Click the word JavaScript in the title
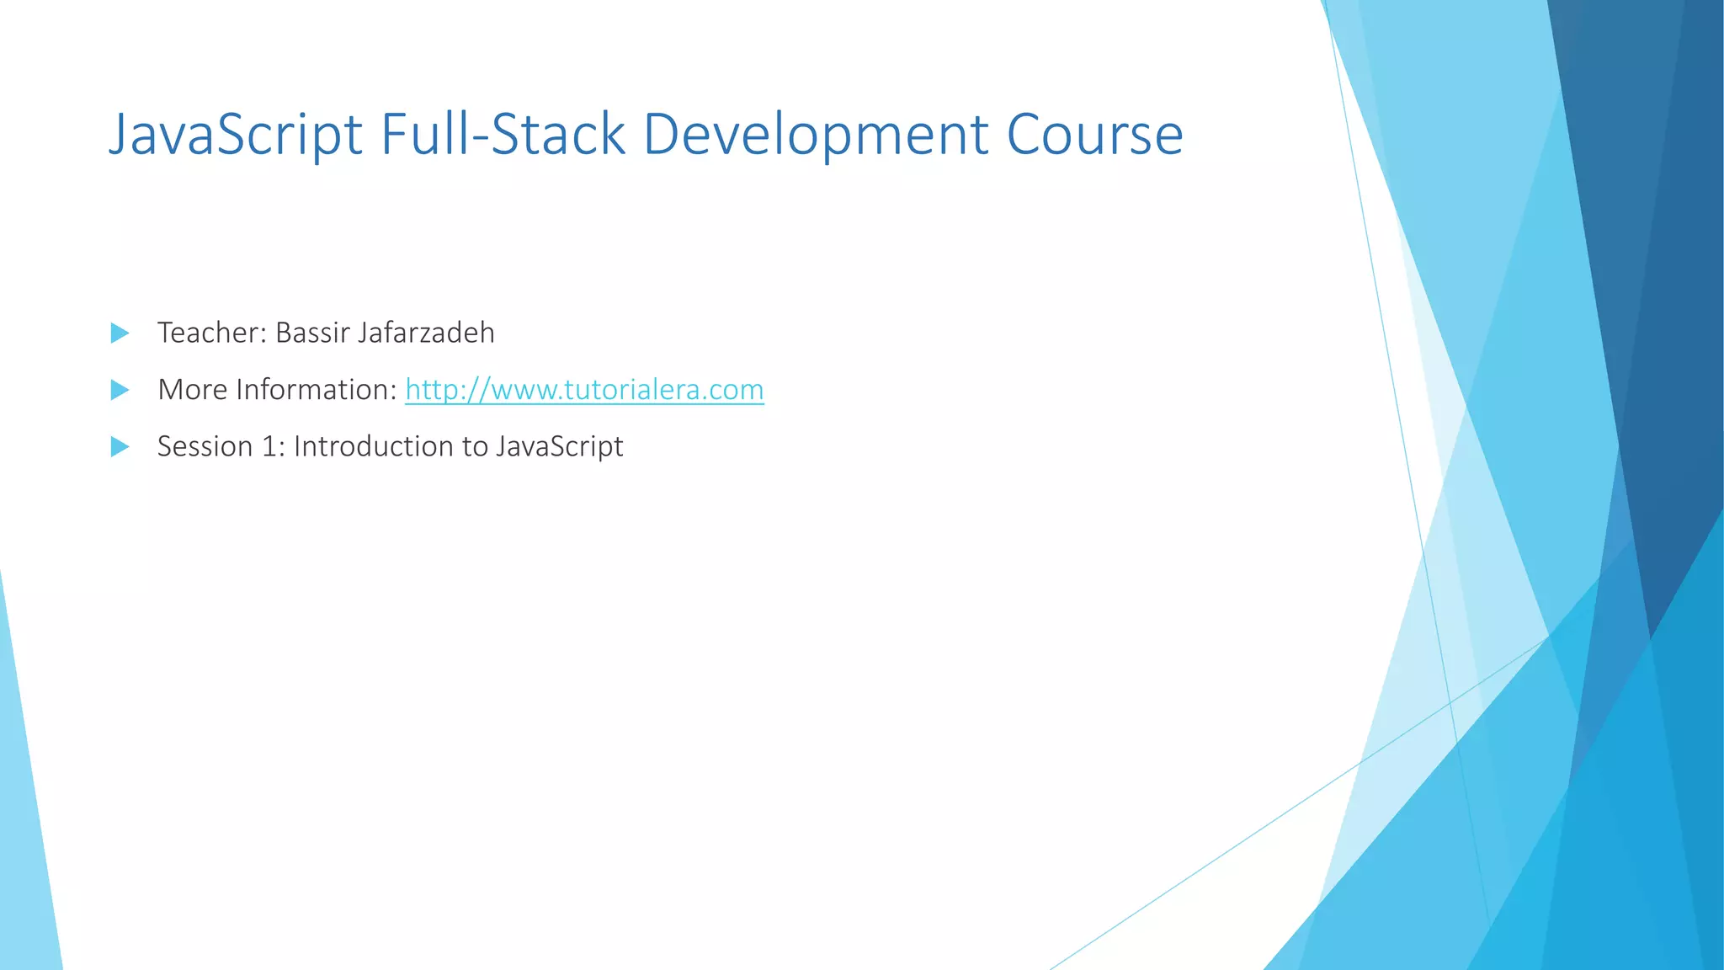[x=236, y=135]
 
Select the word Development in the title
[x=815, y=135]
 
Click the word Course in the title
[x=1094, y=135]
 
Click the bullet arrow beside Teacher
[x=120, y=333]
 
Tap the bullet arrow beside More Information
[x=120, y=390]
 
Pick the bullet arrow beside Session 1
[x=120, y=446]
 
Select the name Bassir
[x=312, y=333]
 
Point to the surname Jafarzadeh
[x=426, y=333]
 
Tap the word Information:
[x=316, y=390]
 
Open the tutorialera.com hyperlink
[x=584, y=390]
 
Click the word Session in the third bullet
[x=205, y=446]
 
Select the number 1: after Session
[x=273, y=446]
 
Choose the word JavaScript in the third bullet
[x=559, y=446]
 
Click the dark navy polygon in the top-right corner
[x=1642, y=253]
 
